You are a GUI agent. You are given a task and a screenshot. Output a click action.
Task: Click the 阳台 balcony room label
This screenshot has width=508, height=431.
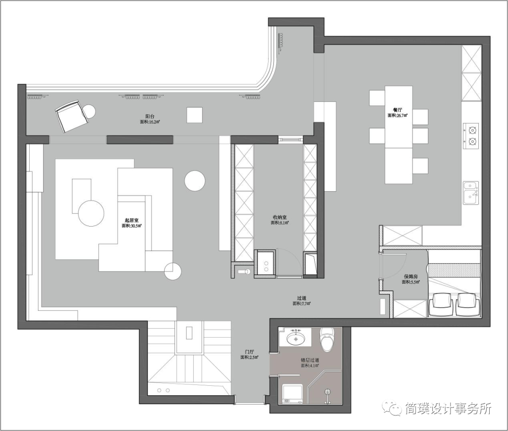[x=150, y=115]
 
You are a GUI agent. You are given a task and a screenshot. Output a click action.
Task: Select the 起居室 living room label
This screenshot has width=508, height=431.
[x=131, y=220]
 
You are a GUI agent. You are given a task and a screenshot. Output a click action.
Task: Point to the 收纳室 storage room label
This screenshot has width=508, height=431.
[x=280, y=217]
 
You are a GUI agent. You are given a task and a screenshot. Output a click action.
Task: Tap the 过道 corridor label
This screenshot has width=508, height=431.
[x=302, y=298]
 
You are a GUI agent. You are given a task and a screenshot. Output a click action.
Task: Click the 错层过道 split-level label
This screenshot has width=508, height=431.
[x=310, y=360]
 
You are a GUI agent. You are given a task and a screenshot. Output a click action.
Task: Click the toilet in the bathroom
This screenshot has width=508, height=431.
[x=326, y=339]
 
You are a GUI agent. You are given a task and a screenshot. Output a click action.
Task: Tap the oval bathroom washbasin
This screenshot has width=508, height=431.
[x=295, y=338]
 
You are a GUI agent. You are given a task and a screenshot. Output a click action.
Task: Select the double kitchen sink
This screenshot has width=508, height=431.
[x=471, y=193]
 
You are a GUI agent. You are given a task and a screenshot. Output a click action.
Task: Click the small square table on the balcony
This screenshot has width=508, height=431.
[x=194, y=115]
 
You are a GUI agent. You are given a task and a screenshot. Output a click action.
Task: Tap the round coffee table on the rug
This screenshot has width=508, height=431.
[x=91, y=213]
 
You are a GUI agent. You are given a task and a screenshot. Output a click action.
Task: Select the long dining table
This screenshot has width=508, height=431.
[x=398, y=135]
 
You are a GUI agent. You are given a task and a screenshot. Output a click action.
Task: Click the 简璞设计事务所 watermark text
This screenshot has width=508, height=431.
[x=446, y=408]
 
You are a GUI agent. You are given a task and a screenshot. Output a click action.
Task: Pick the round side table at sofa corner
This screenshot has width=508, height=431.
[x=173, y=271]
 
